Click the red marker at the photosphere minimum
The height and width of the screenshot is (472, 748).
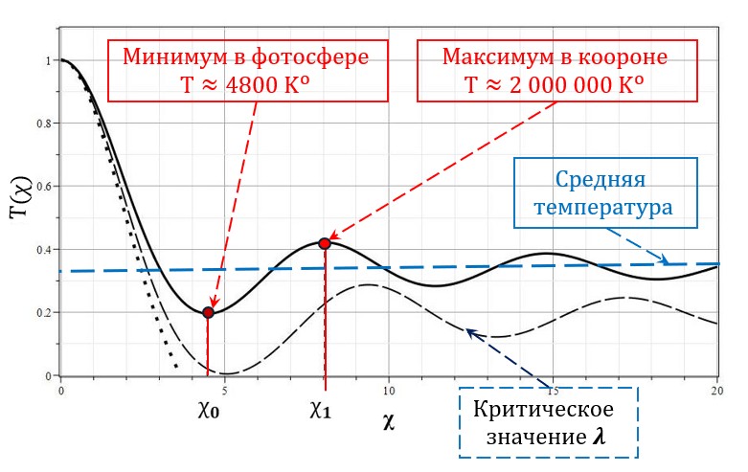[x=208, y=312]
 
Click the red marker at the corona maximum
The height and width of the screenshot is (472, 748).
[x=325, y=243]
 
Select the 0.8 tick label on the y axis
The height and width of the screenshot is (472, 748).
[x=41, y=124]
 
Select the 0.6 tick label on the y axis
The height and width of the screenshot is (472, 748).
[x=41, y=187]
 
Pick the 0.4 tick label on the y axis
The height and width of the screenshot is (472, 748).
[x=41, y=250]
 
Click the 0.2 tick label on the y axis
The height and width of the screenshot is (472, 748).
[x=41, y=313]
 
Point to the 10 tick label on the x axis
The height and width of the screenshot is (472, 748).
[x=388, y=390]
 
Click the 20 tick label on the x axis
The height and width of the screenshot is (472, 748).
[x=716, y=390]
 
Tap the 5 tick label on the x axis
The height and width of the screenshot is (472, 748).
[x=224, y=390]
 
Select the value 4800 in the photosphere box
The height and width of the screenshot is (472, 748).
[x=256, y=84]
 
